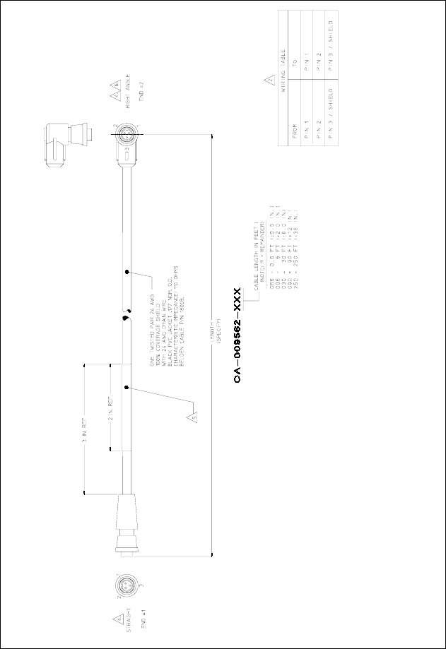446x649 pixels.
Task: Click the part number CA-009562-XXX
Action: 238,335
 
